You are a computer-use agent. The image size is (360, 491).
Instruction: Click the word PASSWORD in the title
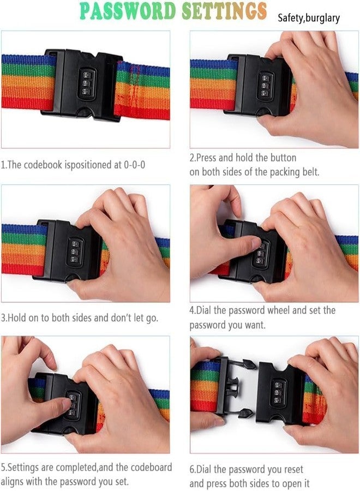tap(128, 11)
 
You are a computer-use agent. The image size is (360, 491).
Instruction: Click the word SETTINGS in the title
tap(224, 11)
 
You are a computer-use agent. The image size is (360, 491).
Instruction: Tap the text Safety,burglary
tap(309, 18)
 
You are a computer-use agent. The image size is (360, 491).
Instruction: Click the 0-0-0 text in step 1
tap(134, 165)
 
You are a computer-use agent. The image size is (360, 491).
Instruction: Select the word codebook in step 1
tap(43, 165)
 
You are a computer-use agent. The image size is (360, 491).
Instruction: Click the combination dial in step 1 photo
tap(87, 83)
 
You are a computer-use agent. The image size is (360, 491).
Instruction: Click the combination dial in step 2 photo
tap(265, 85)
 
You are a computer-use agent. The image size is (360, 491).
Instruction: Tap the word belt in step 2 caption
tap(310, 172)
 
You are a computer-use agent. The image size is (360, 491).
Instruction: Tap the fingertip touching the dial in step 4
tap(255, 243)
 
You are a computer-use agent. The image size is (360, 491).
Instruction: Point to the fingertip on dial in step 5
tap(66, 404)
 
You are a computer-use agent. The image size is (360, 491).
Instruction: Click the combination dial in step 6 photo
tap(278, 393)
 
